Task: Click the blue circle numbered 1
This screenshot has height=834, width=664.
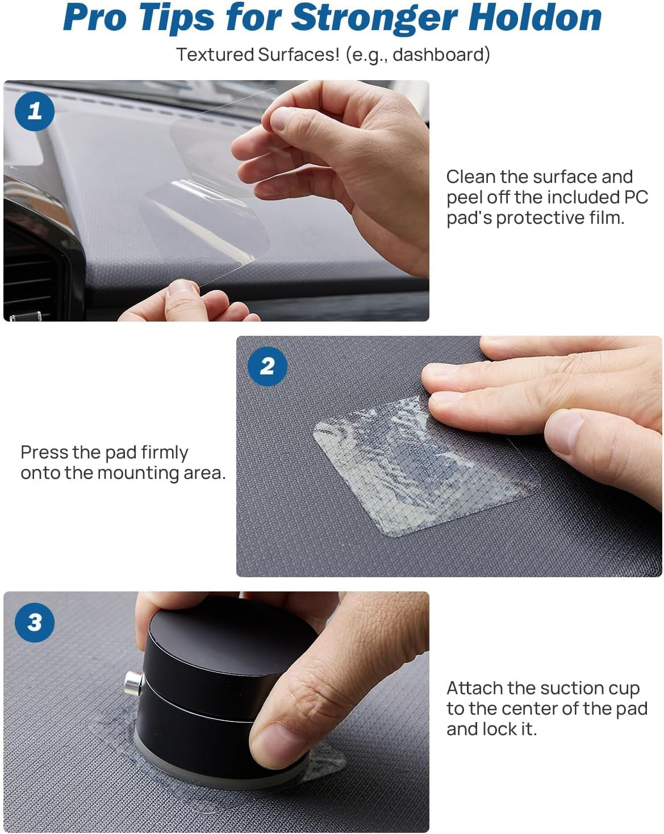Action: tap(35, 111)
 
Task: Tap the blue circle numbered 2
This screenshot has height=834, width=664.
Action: tap(268, 366)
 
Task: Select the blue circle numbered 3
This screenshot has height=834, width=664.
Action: tap(35, 623)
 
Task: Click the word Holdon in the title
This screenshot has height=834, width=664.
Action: tap(535, 18)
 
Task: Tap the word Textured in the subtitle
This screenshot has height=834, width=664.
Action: tap(215, 55)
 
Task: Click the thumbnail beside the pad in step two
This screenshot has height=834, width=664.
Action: tap(565, 432)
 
